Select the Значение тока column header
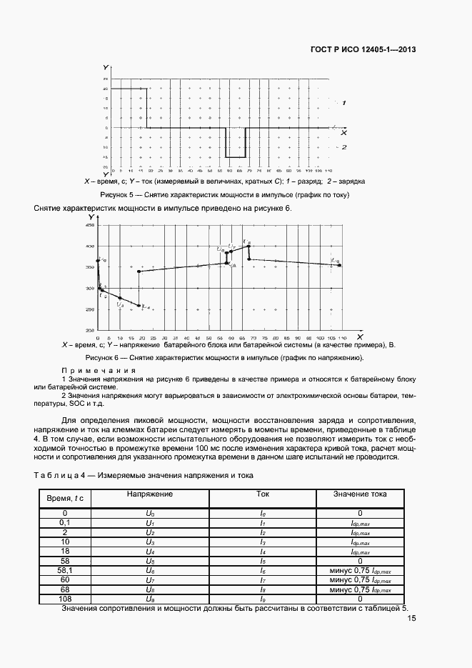point(360,494)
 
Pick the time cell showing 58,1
point(65,571)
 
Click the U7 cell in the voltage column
point(149,580)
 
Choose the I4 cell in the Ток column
point(262,552)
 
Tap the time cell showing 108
point(65,599)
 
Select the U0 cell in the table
point(149,513)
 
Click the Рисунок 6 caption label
point(106,357)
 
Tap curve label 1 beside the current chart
point(344,103)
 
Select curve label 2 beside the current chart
point(344,147)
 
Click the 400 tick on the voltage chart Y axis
point(90,246)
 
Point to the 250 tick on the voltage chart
point(90,309)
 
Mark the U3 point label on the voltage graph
point(120,305)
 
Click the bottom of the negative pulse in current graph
point(236,156)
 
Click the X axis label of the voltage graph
point(359,336)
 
